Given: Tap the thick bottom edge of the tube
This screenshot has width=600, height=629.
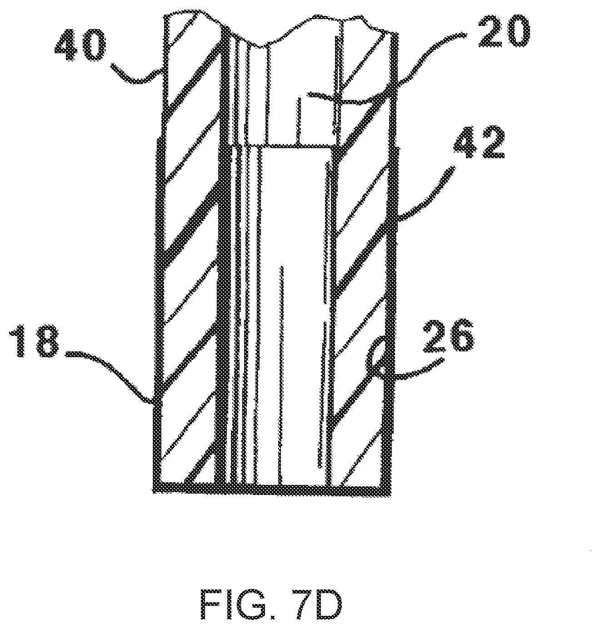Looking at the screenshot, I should (x=273, y=489).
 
